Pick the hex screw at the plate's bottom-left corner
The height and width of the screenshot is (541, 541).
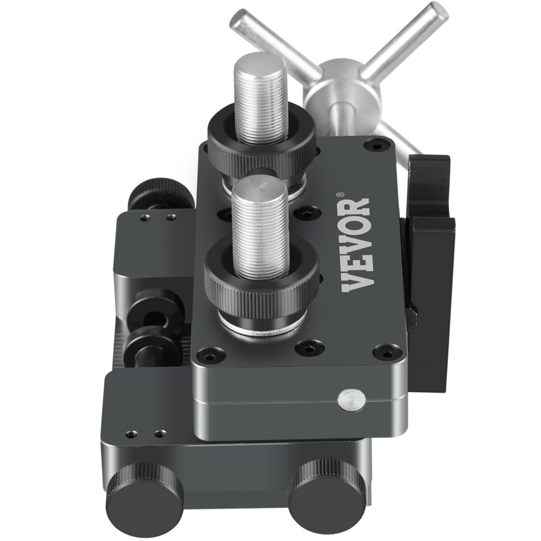tap(207, 357)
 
